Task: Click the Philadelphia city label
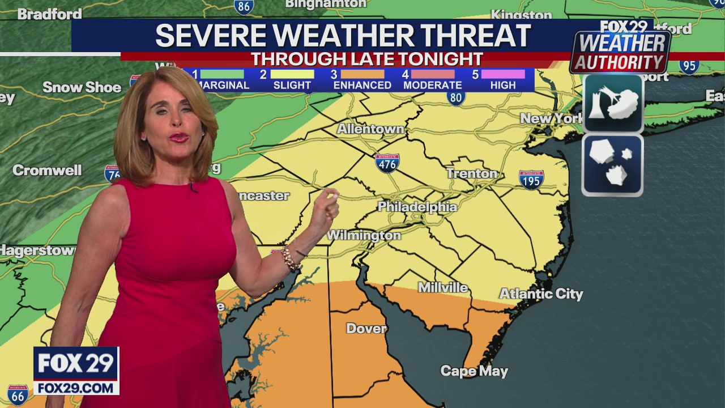pos(417,207)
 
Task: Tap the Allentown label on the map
pos(370,129)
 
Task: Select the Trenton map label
pos(472,173)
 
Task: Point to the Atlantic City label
pos(540,294)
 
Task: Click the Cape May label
pos(474,371)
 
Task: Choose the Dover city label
pos(366,329)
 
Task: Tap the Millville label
pos(443,288)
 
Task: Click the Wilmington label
pos(364,235)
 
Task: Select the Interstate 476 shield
pos(387,163)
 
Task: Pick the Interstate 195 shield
pos(531,179)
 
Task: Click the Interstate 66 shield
pos(18,394)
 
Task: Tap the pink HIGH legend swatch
pos(503,74)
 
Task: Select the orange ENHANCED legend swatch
pos(362,74)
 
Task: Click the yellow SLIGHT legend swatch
pos(292,74)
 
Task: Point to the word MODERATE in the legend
pos(432,86)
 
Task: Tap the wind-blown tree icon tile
pos(613,104)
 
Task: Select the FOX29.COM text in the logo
pos(76,388)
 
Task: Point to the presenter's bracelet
pos(290,258)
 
